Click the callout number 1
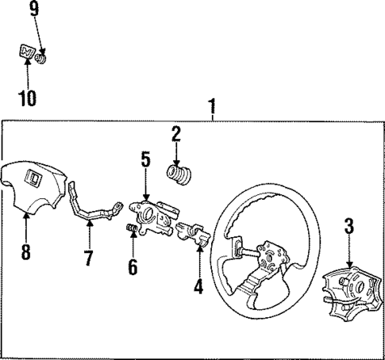[x=211, y=105]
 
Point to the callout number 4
[x=198, y=285]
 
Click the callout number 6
[x=133, y=268]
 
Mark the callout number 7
[x=89, y=258]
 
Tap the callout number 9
[x=33, y=10]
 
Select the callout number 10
[x=28, y=99]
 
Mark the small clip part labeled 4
[x=196, y=234]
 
